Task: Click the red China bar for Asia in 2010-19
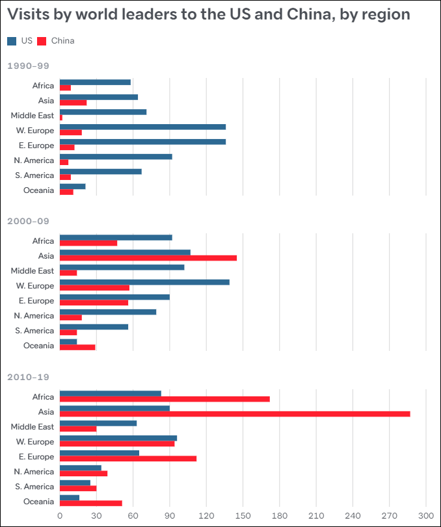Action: tap(235, 414)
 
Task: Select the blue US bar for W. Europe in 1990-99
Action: tap(142, 127)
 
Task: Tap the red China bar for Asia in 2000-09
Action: tap(148, 258)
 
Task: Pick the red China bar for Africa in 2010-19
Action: tap(165, 399)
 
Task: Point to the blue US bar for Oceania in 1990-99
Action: tap(72, 186)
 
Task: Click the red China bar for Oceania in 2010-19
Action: tap(90, 503)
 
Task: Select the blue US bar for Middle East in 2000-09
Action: tap(122, 267)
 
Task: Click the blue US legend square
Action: tap(12, 41)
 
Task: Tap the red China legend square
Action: tap(42, 41)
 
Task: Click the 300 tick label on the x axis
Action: tap(426, 517)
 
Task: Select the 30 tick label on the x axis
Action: tap(96, 517)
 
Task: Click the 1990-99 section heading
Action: tap(28, 66)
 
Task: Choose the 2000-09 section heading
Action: tap(28, 221)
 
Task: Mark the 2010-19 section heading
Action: tap(28, 377)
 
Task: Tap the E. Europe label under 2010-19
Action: tap(37, 457)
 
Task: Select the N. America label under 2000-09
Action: tap(34, 316)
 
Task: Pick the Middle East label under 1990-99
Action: tap(33, 116)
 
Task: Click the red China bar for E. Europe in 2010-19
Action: tap(128, 459)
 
